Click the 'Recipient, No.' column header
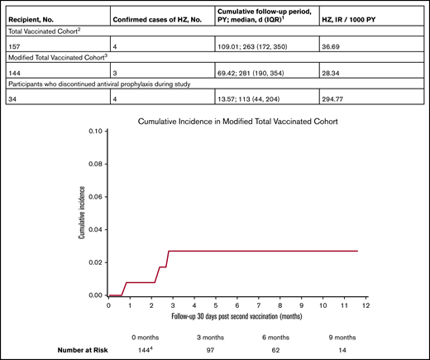click(36, 17)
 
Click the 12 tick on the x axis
click(363, 305)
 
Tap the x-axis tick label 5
click(215, 305)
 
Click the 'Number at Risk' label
click(58, 351)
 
